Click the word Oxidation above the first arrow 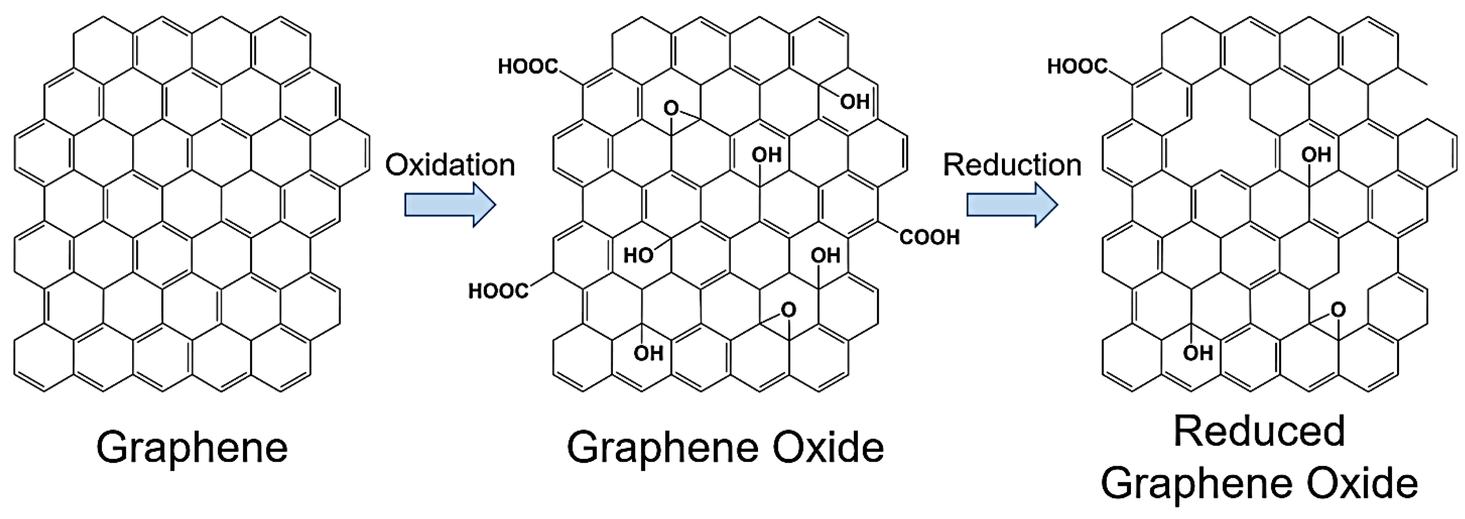[450, 165]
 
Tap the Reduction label [1012, 165]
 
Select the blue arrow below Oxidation [450, 205]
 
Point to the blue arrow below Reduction [1012, 205]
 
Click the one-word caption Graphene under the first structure [192, 448]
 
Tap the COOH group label [929, 237]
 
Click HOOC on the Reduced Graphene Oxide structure [1077, 67]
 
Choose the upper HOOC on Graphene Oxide [528, 67]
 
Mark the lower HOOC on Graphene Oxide [498, 291]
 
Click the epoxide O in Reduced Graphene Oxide [1338, 310]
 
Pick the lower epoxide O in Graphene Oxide [788, 310]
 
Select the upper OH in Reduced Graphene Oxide [1316, 155]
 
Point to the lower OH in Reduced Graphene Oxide [1198, 353]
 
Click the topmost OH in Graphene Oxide [855, 102]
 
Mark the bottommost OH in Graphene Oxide [648, 353]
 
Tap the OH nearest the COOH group [825, 256]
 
